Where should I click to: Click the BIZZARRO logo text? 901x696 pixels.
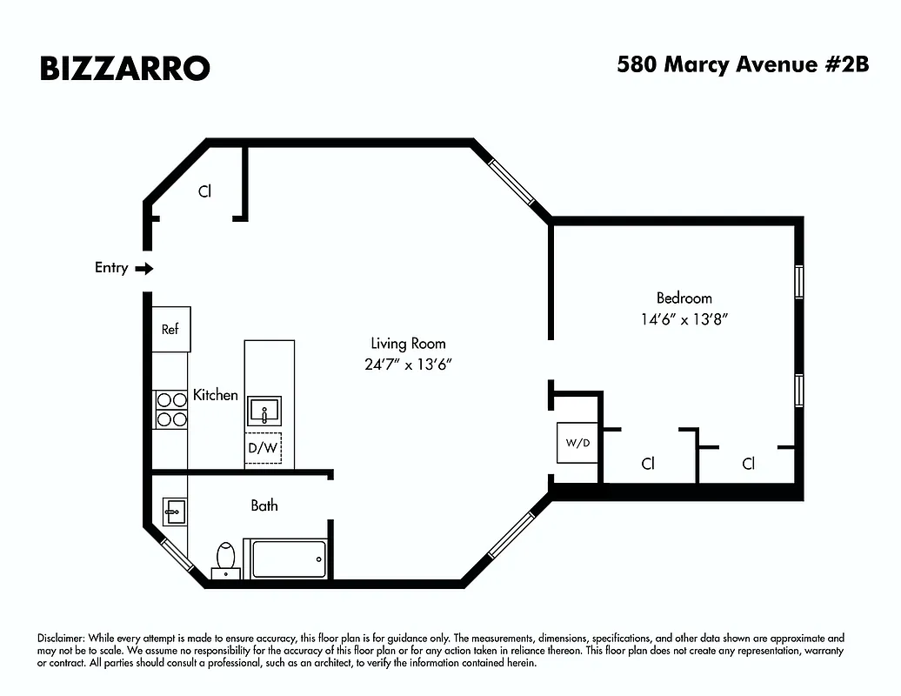point(124,68)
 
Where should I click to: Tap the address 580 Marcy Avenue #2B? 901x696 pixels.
point(743,65)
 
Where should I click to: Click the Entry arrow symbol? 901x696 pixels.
point(144,269)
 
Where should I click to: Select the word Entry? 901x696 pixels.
point(111,268)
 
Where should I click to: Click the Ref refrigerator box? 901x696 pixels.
point(170,330)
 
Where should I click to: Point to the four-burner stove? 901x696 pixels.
point(170,409)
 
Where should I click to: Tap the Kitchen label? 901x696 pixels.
point(215,395)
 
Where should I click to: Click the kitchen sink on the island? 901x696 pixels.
point(264,409)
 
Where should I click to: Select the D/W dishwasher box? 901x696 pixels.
point(263,449)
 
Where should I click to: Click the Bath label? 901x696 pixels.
point(264,505)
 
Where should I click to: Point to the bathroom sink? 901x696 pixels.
point(175,512)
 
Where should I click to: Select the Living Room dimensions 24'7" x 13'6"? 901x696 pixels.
point(409,365)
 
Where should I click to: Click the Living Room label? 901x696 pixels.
point(409,344)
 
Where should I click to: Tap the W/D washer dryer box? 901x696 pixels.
point(577,443)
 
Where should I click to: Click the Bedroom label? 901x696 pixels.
point(684,298)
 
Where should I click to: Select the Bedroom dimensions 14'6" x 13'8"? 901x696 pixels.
point(684,319)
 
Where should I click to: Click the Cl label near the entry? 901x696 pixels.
point(204,191)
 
